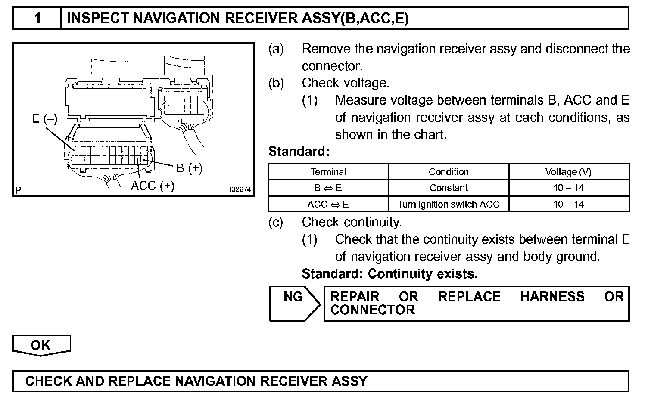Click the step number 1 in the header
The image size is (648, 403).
click(38, 18)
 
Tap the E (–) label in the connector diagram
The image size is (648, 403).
click(44, 118)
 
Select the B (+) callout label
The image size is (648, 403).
click(189, 168)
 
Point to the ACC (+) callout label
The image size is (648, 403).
click(153, 186)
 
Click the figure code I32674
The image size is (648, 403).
click(240, 189)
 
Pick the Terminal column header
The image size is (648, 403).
click(328, 172)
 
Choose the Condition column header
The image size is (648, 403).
click(449, 172)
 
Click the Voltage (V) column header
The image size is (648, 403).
click(568, 172)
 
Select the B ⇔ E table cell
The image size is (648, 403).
click(328, 188)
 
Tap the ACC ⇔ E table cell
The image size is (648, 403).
click(328, 204)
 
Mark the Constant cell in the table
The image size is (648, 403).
click(449, 188)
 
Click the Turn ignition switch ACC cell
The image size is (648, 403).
click(449, 204)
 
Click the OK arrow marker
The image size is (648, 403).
click(41, 345)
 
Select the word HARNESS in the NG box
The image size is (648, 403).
click(552, 297)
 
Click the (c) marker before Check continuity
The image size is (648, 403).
click(276, 222)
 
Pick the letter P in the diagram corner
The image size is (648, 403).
click(19, 189)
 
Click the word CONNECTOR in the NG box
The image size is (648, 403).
click(373, 310)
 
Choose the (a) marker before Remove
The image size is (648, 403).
click(276, 49)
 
